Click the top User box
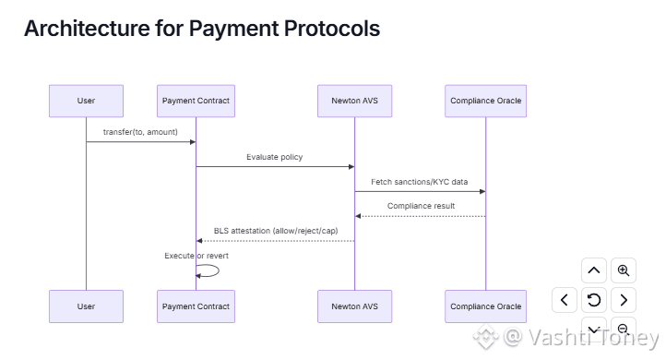(86, 101)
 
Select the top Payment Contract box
(196, 101)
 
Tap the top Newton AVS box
(354, 101)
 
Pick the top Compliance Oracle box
(485, 101)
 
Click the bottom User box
(86, 306)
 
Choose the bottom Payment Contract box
(196, 306)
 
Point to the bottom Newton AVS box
(354, 306)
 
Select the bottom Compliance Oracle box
(485, 306)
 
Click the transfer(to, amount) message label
(140, 132)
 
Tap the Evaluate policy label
(274, 157)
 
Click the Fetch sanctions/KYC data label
(419, 182)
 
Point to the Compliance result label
(421, 206)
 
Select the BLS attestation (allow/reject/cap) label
(276, 231)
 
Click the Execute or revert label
(196, 256)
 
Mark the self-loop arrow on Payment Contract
(219, 270)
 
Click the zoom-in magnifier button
(623, 270)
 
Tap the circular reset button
(594, 300)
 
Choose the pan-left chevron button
(564, 300)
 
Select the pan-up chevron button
(594, 270)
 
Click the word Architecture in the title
(87, 29)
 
